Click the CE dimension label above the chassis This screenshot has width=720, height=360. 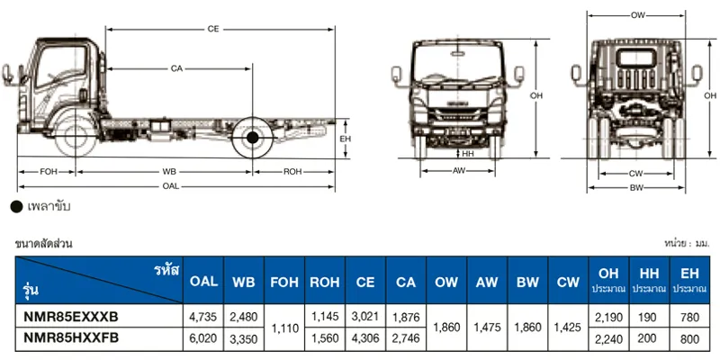pos(213,29)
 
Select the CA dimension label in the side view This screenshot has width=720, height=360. pos(176,68)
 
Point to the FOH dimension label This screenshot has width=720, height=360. pos(49,172)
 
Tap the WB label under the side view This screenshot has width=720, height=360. pos(169,172)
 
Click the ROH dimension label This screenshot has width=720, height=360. pos(292,172)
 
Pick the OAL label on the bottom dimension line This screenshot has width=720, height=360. pos(170,186)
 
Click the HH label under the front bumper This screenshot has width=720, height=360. pos(468,154)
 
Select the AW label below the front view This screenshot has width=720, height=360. pos(459,171)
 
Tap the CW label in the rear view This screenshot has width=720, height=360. pos(636,174)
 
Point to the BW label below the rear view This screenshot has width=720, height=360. pos(636,187)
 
